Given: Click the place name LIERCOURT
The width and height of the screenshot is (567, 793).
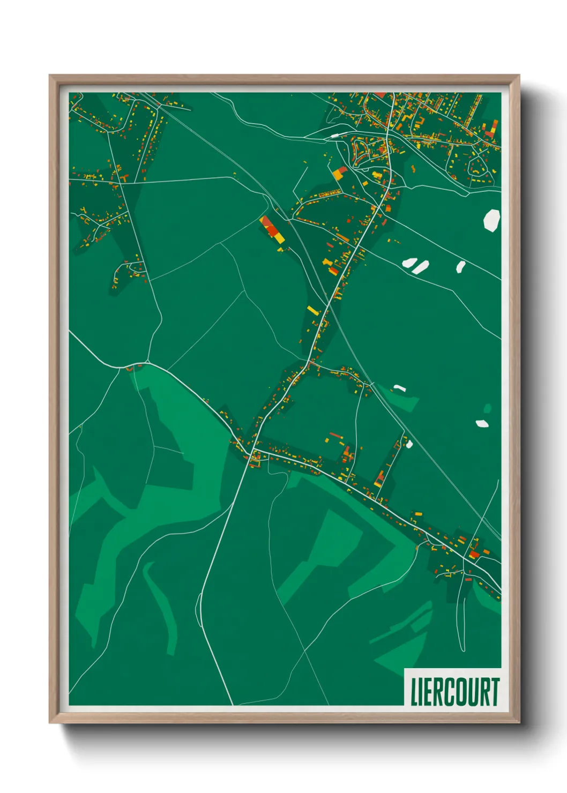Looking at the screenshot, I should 454,692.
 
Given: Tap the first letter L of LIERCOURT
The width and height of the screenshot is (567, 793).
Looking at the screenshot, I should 414,692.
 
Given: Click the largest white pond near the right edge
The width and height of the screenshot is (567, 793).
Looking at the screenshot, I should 491,220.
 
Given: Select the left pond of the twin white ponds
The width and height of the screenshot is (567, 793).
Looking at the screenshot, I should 409,263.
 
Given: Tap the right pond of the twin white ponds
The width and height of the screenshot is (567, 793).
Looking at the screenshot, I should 420,267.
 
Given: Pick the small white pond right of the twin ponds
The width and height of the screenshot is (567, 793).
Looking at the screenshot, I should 460,266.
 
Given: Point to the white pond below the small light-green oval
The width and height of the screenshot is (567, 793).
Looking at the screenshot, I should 482,423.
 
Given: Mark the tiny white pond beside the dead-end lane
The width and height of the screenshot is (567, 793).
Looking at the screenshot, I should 409,444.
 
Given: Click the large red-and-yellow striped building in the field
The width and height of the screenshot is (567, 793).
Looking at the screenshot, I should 272,230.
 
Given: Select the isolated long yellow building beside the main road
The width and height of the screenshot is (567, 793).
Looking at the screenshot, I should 313,310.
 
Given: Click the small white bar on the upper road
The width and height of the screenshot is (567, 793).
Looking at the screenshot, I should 334,136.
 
